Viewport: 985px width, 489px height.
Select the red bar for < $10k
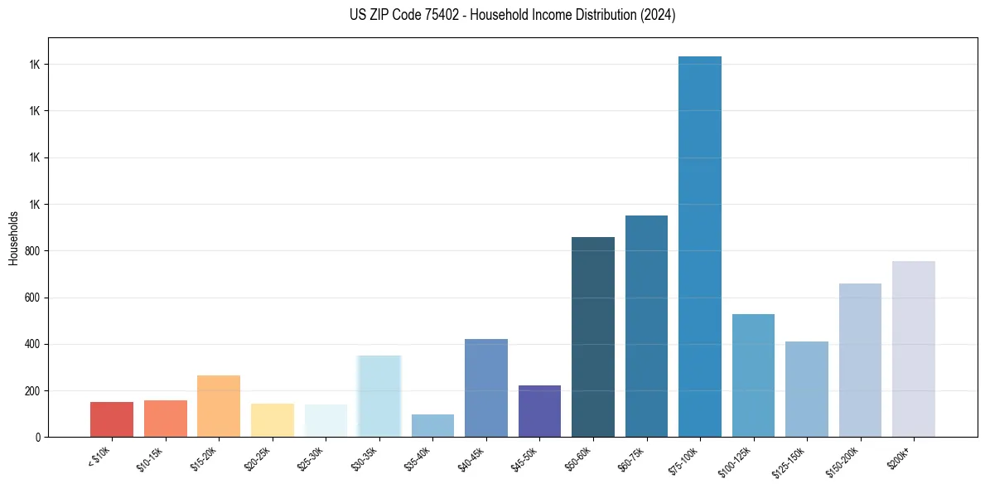coord(112,419)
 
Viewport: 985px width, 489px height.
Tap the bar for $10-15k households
coord(166,419)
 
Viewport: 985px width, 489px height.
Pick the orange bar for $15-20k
coord(219,406)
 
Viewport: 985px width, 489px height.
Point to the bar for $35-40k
coord(432,425)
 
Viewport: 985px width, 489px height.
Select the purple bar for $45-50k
coord(539,411)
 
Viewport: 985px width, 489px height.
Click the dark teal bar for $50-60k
coord(593,336)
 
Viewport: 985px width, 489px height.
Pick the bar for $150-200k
coord(860,360)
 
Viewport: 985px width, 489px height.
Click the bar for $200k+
coord(914,349)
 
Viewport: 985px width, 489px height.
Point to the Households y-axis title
coord(13,238)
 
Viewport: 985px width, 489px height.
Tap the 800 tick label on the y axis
coord(32,251)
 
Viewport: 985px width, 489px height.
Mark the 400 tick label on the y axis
coord(32,344)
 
